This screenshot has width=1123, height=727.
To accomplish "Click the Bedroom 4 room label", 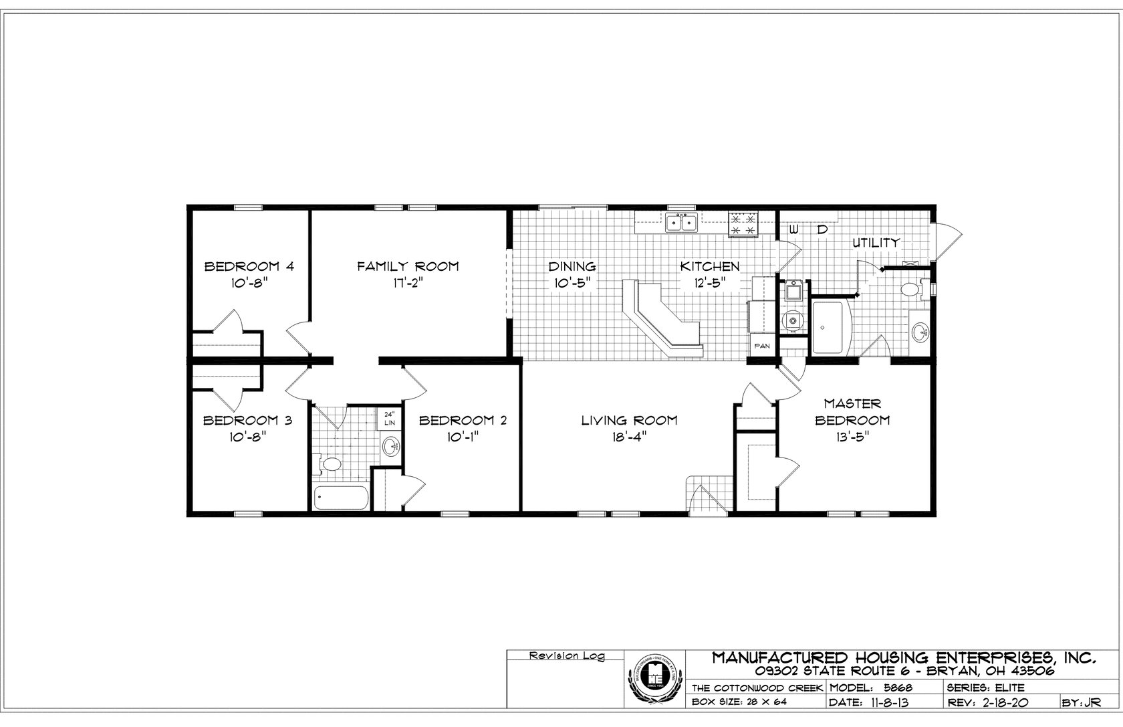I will click(x=249, y=266).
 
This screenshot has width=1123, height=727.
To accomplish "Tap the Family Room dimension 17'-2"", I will click(x=408, y=283).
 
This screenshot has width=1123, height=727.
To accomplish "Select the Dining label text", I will click(x=572, y=266).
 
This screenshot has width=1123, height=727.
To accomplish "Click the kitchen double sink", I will click(x=681, y=221).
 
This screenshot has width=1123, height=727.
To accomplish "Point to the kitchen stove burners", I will click(x=744, y=223).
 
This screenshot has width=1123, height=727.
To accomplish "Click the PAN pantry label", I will click(x=762, y=346).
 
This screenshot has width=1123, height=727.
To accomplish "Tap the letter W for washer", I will click(x=793, y=229).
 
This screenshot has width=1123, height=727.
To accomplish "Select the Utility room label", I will click(x=876, y=243).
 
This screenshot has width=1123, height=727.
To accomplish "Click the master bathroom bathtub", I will click(x=830, y=328).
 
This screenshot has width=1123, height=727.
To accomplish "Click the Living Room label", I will click(x=629, y=420).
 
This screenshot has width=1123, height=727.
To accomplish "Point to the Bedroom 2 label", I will click(x=463, y=420).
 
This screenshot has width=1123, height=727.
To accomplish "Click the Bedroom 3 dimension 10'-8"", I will click(x=247, y=437).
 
